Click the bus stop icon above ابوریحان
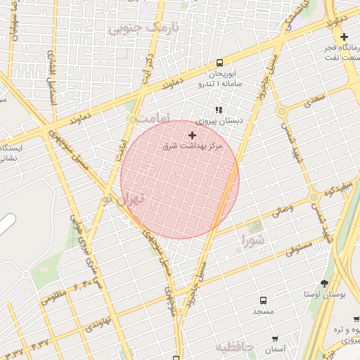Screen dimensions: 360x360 point(220,63)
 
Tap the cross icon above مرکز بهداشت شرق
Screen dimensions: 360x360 point(192,134)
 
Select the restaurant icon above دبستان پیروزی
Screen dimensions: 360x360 point(219,110)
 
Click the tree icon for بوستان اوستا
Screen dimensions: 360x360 point(324,283)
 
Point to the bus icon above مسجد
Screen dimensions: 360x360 point(263,300)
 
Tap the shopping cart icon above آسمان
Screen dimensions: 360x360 point(275,339)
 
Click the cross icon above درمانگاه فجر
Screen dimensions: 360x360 point(343,37)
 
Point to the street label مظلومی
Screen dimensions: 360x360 point(53,296)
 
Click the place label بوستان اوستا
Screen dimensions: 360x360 point(327,294)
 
